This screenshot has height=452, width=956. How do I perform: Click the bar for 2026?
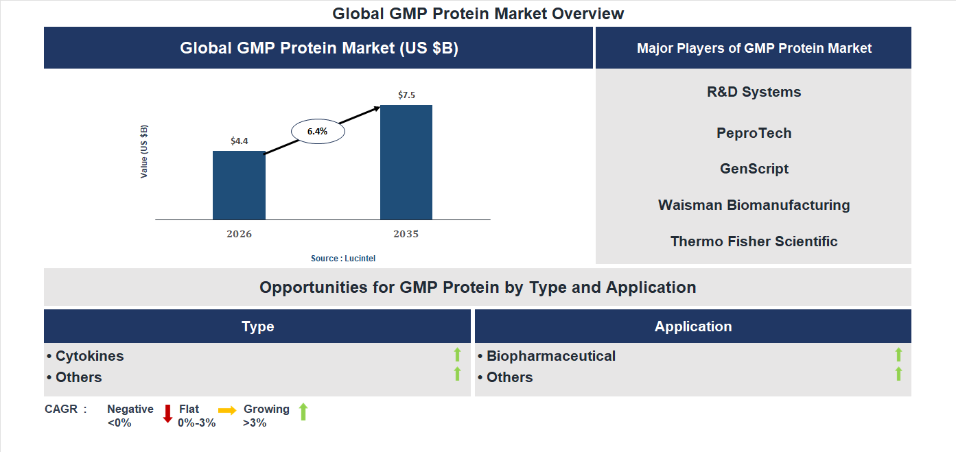click(239, 185)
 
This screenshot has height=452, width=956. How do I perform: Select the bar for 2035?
click(406, 163)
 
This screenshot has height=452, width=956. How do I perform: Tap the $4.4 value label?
click(239, 141)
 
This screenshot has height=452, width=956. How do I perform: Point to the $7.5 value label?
click(406, 95)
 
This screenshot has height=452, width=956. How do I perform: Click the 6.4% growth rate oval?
click(318, 131)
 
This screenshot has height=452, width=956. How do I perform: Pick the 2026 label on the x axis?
click(239, 234)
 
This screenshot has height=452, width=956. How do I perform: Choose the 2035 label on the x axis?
click(406, 234)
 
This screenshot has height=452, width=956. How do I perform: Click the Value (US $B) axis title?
click(144, 152)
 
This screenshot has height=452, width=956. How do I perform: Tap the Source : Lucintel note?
click(343, 259)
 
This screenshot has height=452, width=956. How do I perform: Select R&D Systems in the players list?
click(754, 92)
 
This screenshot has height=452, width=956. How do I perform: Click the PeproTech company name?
click(754, 133)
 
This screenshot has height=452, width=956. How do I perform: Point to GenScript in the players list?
click(754, 169)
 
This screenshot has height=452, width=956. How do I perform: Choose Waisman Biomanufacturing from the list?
click(754, 205)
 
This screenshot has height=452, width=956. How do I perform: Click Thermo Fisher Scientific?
click(754, 241)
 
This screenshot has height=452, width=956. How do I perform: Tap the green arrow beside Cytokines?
click(457, 355)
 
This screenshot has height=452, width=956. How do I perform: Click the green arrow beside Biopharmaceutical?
click(898, 355)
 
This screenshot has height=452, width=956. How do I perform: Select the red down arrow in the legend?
click(167, 413)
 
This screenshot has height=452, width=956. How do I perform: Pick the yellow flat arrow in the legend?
click(227, 410)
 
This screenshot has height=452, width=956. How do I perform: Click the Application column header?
click(692, 326)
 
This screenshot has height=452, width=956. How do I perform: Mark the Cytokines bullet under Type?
click(86, 356)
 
